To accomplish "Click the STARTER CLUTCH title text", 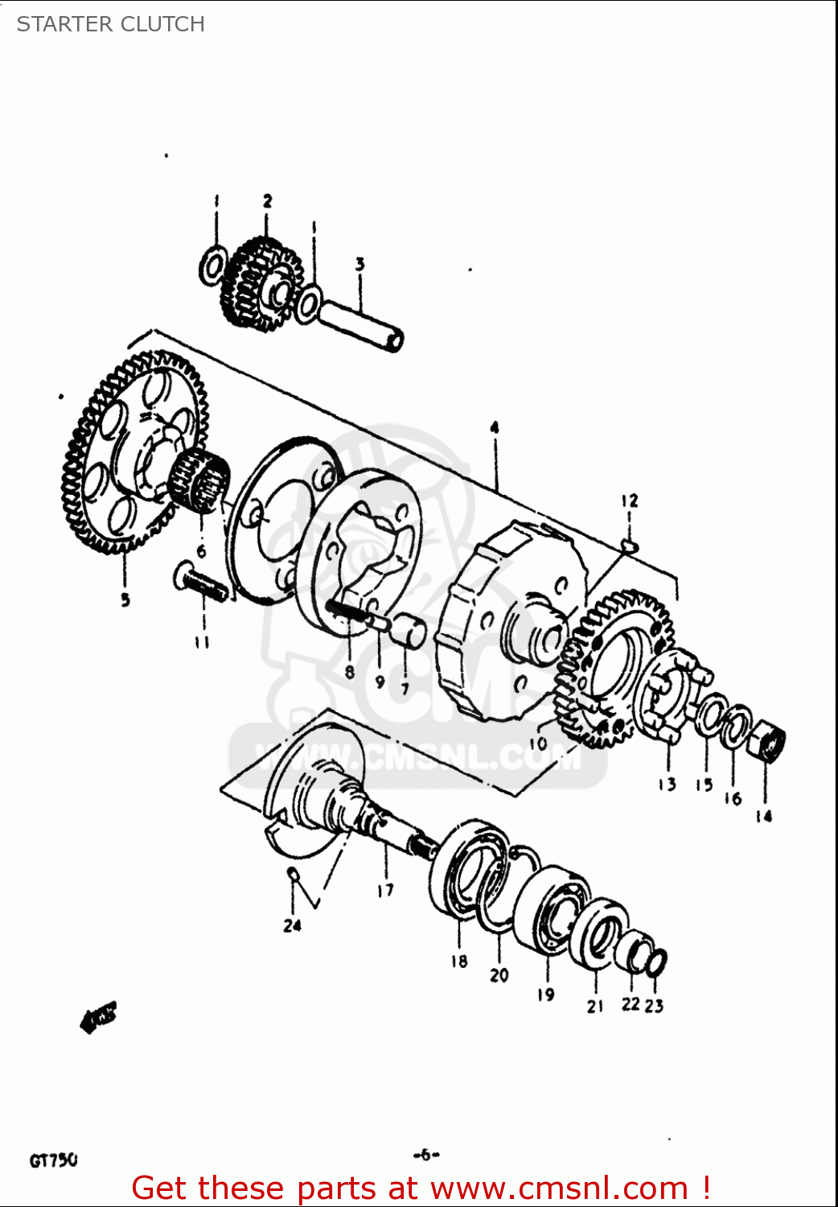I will tap(111, 24).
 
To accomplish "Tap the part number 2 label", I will tap(267, 201).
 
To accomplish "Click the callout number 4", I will tap(495, 427).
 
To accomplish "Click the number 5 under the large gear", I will tap(125, 599).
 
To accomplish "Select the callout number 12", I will tap(629, 501).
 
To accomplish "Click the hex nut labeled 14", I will tap(767, 742).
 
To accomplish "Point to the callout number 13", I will tap(667, 785).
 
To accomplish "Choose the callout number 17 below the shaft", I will tap(385, 890).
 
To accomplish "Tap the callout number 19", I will tap(546, 995).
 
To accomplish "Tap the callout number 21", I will tap(595, 1007).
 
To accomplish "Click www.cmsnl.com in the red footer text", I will tap(559, 1188).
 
